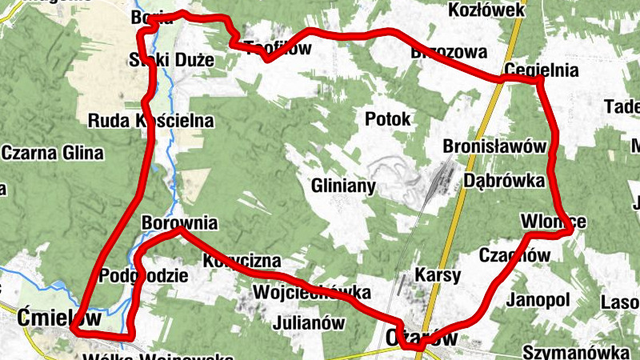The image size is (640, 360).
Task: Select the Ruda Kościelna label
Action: (x=151, y=122)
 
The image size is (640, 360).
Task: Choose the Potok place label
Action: (x=387, y=119)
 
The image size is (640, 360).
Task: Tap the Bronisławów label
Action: (x=494, y=147)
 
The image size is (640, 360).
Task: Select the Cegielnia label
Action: (x=542, y=70)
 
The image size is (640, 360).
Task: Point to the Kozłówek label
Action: (x=486, y=10)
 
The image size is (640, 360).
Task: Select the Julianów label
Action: (x=308, y=323)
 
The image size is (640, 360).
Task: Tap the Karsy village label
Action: (x=438, y=276)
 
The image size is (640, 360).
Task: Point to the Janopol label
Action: (x=538, y=300)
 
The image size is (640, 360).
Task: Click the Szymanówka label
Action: (x=574, y=352)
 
